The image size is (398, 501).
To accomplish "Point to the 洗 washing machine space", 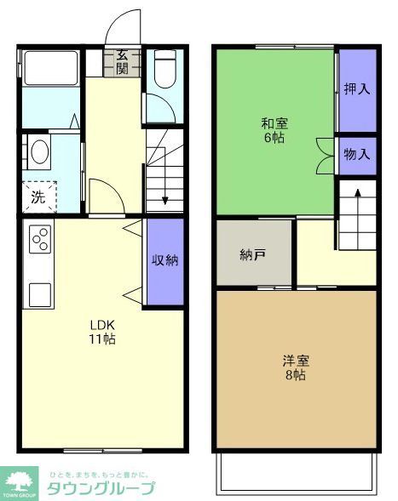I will point(38,197).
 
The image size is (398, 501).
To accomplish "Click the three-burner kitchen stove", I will point(40,241).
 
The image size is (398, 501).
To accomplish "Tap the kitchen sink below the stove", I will point(40,294).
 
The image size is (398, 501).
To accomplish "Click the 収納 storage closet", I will point(164,261).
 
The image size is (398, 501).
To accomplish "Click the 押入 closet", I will point(356,89).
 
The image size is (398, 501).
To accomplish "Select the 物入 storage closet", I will point(356,154).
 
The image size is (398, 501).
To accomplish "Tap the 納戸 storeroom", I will point(253,254).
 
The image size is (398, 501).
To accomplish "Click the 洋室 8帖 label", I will point(295,367).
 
